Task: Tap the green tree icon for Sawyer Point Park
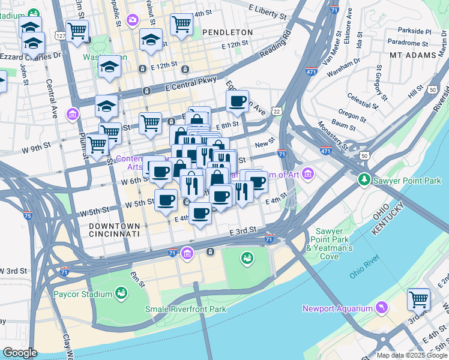(x=364, y=180)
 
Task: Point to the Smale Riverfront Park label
(x=185, y=309)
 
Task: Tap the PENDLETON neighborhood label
(x=228, y=32)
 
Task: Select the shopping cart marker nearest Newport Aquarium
(x=418, y=299)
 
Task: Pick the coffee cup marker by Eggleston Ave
(x=238, y=100)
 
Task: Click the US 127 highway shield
(x=60, y=35)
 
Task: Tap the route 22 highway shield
(x=276, y=112)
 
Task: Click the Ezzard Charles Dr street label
(x=31, y=55)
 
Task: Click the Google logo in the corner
(x=20, y=353)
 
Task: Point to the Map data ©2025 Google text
(x=412, y=355)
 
